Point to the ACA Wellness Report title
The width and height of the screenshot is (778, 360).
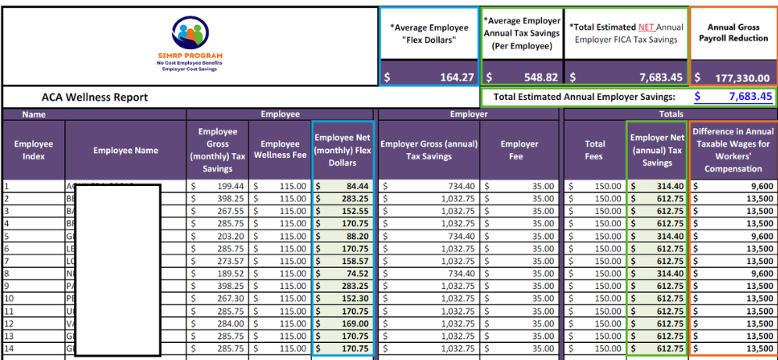click(x=95, y=98)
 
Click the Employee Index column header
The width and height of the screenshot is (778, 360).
click(x=34, y=150)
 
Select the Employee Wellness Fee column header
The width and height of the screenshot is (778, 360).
click(x=280, y=150)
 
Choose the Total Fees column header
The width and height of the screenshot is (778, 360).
click(x=595, y=150)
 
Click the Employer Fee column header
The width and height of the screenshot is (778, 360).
click(x=519, y=150)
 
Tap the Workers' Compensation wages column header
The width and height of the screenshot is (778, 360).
click(x=733, y=150)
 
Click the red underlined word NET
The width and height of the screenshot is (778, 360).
click(x=646, y=27)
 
